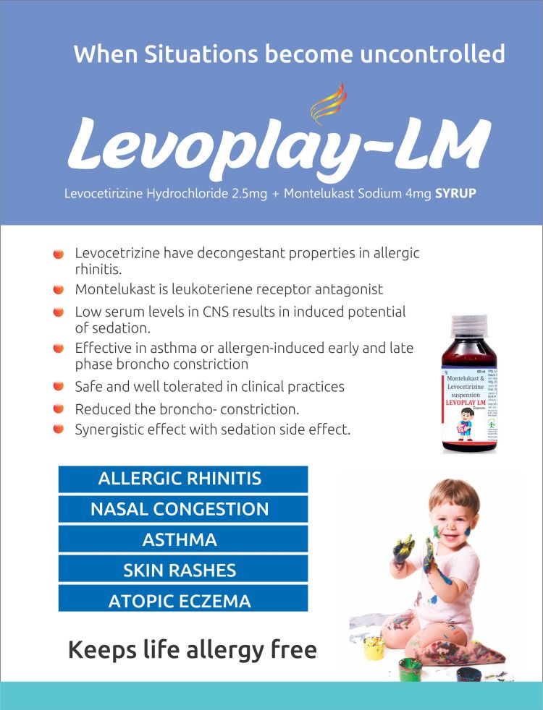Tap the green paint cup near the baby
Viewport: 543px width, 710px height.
pos(410,667)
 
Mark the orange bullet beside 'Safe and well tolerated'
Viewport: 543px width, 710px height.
pos(59,387)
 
